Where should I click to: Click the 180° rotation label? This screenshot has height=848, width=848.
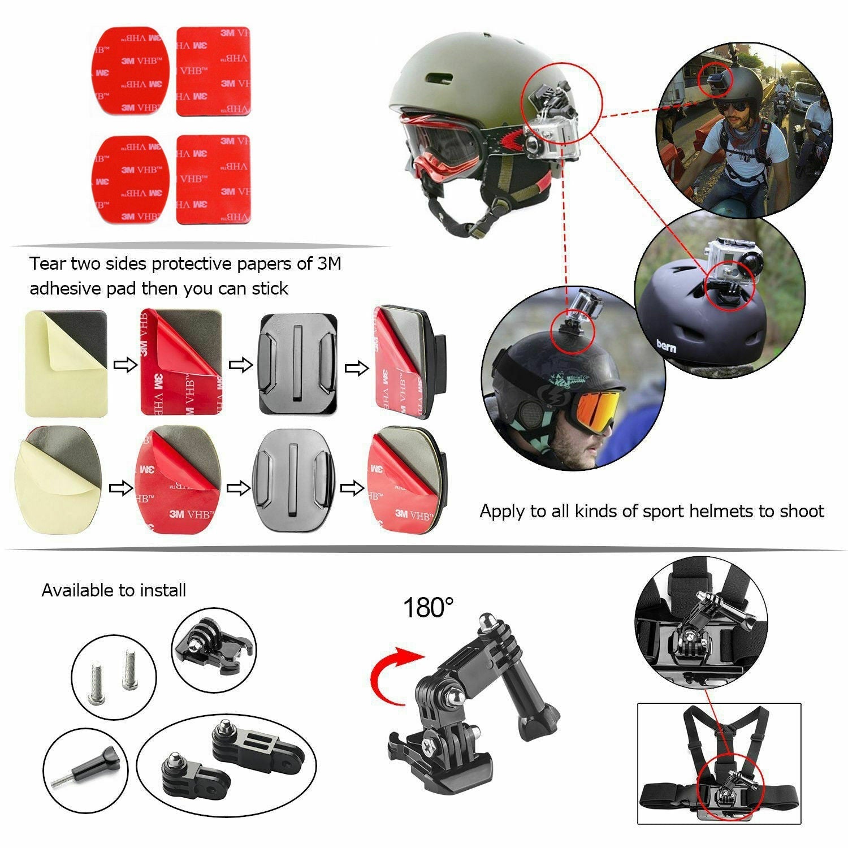coord(428,608)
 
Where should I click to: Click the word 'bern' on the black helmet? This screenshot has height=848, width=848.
coord(666,345)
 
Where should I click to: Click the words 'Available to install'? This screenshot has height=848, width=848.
coord(114,591)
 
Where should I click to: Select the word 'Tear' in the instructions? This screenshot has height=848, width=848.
coord(47,264)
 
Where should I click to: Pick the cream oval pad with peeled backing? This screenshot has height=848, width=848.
coord(58,480)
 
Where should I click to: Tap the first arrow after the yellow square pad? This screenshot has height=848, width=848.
coord(126,365)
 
